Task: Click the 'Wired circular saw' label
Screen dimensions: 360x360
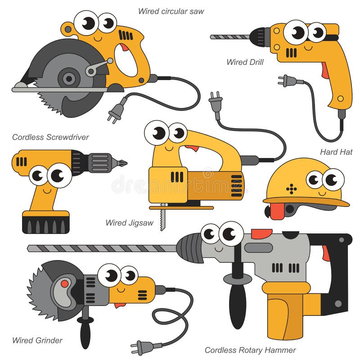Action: coord(171,11)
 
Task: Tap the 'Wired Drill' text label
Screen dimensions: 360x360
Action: coord(245,62)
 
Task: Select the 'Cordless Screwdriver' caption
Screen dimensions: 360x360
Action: coord(50,137)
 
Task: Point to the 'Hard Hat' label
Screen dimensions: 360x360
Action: coord(336,152)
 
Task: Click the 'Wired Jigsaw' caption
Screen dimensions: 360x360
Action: coord(130,223)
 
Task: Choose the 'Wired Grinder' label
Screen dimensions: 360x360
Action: coord(37,340)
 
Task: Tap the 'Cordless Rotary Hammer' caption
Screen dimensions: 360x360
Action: coord(250,350)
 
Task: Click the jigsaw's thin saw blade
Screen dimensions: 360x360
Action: coord(162,220)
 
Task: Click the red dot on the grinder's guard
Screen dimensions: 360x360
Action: coord(64,283)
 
